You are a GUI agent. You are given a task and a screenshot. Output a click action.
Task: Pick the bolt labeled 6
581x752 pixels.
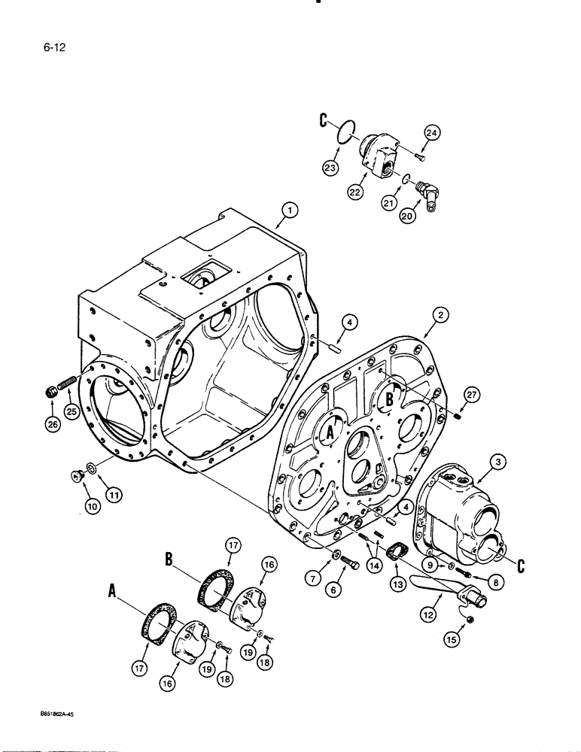coord(352,559)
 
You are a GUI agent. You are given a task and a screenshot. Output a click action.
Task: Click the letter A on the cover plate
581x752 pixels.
coord(329,431)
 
